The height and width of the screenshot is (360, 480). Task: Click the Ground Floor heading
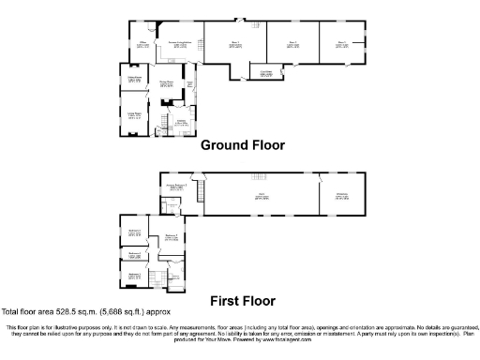[241, 145]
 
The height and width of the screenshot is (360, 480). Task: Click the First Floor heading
[241, 301]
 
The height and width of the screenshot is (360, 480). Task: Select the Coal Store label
[266, 73]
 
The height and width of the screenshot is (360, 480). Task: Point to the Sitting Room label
[134, 78]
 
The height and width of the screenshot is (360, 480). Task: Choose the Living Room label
[134, 114]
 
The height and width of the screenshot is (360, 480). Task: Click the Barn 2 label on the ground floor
[292, 43]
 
